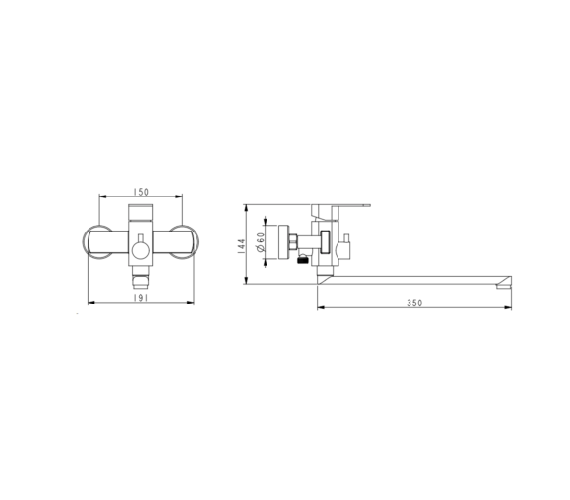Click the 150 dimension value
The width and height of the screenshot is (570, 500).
pyautogui.click(x=141, y=192)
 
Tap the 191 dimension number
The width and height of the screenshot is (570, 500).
pyautogui.click(x=141, y=298)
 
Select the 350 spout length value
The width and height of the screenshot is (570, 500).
pyautogui.click(x=414, y=303)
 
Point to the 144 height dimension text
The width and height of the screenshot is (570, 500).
pyautogui.click(x=242, y=246)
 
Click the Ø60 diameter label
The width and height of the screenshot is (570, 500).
pyautogui.click(x=261, y=242)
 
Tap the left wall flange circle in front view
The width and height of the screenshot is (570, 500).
pyautogui.click(x=97, y=242)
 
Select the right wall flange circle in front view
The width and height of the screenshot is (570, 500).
pyautogui.click(x=185, y=242)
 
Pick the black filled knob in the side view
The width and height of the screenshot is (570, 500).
pyautogui.click(x=303, y=260)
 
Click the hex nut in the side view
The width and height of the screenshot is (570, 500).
pyautogui.click(x=292, y=242)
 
